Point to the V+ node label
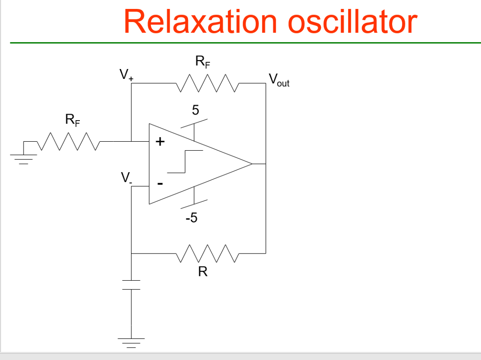(x=126, y=75)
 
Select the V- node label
(x=126, y=178)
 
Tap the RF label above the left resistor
(x=72, y=121)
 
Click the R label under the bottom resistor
(x=202, y=272)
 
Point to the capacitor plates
(x=132, y=285)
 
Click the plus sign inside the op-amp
(x=160, y=141)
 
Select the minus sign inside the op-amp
(x=160, y=184)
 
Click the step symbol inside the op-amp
(x=185, y=161)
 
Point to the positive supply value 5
(x=195, y=110)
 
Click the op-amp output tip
(x=251, y=164)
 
